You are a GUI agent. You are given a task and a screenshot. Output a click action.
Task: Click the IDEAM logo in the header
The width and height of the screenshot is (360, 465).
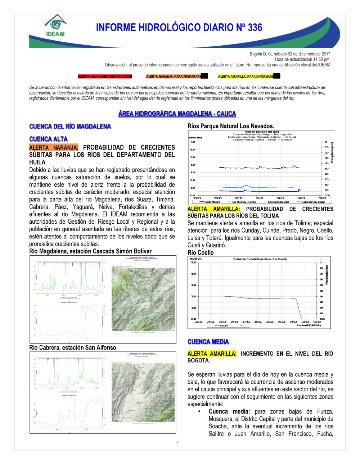click(x=55, y=26)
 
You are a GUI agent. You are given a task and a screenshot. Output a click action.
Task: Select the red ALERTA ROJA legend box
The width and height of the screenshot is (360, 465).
click(x=105, y=77)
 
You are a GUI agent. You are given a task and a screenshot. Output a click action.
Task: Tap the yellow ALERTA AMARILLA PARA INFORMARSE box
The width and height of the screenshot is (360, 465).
click(x=246, y=77)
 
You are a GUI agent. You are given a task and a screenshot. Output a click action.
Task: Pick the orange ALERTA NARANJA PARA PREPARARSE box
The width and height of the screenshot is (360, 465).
click(x=174, y=77)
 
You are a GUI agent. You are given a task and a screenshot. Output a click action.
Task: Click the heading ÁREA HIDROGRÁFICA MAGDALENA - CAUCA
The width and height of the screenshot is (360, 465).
click(x=177, y=114)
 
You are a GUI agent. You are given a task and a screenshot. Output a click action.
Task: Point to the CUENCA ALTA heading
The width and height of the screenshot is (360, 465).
click(x=49, y=139)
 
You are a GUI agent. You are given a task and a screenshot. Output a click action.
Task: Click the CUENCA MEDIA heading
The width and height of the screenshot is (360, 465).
click(x=208, y=342)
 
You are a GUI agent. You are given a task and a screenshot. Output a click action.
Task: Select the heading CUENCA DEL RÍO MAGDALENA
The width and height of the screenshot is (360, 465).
click(x=70, y=126)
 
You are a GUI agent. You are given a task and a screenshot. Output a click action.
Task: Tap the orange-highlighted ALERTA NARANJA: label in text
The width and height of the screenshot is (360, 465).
click(x=54, y=147)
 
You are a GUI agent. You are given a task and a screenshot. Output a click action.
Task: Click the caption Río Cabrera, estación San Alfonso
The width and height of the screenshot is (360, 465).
click(x=73, y=348)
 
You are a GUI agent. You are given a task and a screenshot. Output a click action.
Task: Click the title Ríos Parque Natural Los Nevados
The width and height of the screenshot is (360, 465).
click(x=231, y=126)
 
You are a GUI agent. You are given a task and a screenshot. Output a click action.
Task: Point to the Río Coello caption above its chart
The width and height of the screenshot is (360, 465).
click(x=201, y=252)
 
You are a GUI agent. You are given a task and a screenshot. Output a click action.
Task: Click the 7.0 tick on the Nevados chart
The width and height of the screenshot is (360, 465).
click(x=193, y=142)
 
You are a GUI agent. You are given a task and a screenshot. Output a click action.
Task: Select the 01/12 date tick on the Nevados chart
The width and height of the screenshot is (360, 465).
click(x=280, y=198)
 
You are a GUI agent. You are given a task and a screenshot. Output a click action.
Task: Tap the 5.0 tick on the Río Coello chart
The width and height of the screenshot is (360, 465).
click(x=194, y=263)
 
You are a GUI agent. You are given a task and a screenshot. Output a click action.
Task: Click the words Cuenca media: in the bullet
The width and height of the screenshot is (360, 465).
click(x=229, y=411)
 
